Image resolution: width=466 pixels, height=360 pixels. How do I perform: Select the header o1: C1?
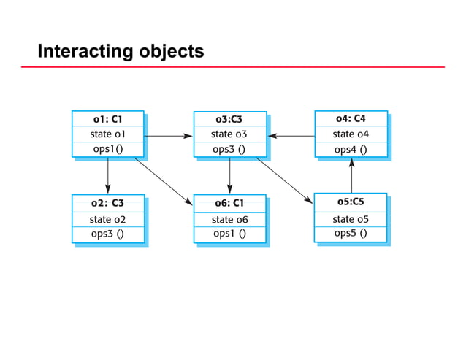107,118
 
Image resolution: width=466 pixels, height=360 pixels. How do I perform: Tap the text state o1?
107,134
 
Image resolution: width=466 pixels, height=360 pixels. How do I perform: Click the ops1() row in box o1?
107,149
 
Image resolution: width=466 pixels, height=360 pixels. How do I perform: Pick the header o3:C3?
229,119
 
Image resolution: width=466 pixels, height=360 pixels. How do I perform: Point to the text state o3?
229,134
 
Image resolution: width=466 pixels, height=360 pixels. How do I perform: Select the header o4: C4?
351,118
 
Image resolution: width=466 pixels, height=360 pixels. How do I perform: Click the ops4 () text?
351,150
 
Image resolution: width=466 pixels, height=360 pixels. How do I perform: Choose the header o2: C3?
107,203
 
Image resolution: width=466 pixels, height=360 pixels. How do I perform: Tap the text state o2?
107,219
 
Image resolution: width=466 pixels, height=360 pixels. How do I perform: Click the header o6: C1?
229,203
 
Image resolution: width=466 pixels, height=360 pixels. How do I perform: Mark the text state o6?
229,219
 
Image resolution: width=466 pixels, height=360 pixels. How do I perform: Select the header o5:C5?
351,202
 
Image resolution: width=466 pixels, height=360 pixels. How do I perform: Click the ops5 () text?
351,234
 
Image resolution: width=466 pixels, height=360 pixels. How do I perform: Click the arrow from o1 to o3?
168,135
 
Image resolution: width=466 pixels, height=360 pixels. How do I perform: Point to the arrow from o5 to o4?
352,175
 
